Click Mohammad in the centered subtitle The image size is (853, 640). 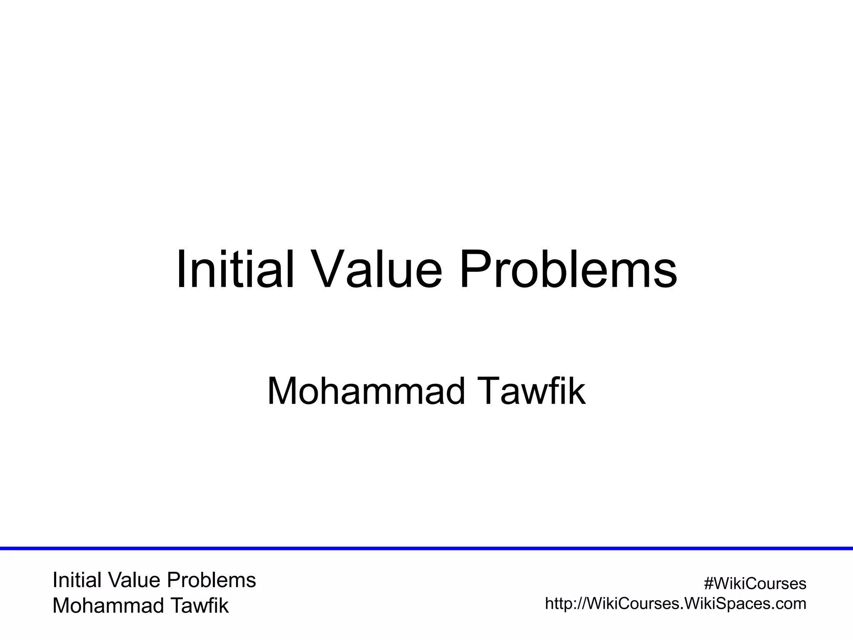[366, 391]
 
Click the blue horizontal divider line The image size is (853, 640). [426, 548]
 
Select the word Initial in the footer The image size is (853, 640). [77, 580]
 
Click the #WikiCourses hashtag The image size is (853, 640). [755, 584]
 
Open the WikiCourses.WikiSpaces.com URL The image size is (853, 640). [676, 603]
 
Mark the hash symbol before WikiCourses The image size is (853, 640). [708, 584]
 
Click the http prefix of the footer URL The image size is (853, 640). [558, 603]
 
